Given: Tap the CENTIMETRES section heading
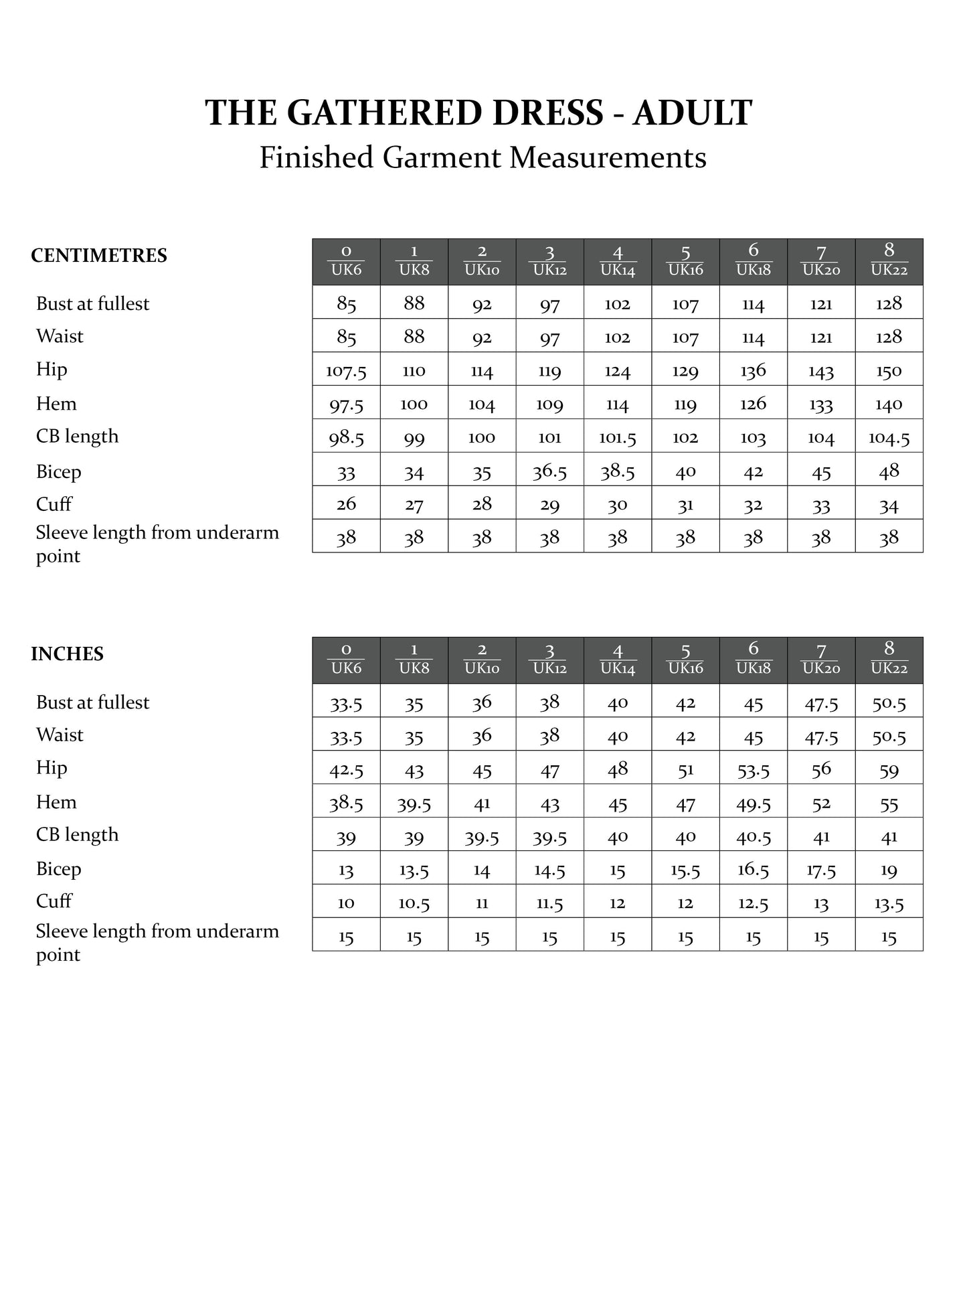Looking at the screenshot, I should coord(99,256).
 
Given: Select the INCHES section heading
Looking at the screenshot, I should coord(67,654).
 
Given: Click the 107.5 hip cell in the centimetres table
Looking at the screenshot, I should coord(346,371).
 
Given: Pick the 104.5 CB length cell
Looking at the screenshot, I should coord(889,438).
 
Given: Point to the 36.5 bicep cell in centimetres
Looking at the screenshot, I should coord(549,471).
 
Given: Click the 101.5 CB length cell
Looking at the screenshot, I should coord(617,438).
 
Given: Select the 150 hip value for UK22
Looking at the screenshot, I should coord(889,371).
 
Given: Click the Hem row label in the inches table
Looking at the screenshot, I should coord(56,802).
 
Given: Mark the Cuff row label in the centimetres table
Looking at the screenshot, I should coord(54,504).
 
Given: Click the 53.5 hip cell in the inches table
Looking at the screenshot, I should coord(753,770).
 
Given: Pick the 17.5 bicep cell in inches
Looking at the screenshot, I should coord(821,870).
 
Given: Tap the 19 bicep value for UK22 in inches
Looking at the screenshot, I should coord(889,870).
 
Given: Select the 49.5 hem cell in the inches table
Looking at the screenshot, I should coord(753,804).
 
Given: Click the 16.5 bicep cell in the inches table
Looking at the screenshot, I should coord(753,870).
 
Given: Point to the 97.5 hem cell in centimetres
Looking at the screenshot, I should coord(346,404).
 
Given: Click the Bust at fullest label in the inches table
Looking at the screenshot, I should coord(92,702).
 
